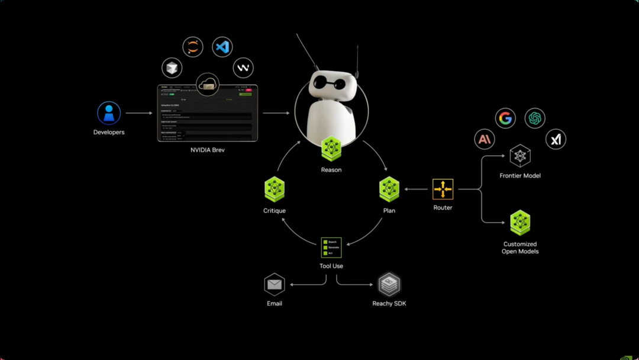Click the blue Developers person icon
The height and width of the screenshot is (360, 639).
coord(109,113)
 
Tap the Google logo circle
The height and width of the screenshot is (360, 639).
coord(505,118)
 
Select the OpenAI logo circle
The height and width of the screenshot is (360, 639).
coord(535,118)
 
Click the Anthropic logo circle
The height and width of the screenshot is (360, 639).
coord(485,140)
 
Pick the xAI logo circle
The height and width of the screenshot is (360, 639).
coord(556,140)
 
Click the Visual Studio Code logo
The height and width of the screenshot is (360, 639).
coord(222,47)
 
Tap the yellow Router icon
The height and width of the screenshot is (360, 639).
coord(443,189)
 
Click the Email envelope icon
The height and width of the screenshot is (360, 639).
coord(275,285)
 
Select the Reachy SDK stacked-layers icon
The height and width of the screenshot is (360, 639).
coord(389,285)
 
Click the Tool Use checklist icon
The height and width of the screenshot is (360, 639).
coord(331,247)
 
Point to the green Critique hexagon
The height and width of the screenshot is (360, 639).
coord(275,189)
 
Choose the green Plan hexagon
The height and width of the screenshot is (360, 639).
coord(389,189)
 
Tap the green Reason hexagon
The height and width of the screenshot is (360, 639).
coord(331,149)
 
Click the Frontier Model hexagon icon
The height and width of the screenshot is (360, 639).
coord(520,156)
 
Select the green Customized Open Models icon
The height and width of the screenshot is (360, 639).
coord(520,223)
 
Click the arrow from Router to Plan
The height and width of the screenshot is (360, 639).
coord(417,189)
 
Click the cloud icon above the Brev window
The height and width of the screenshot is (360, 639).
coord(207,85)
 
